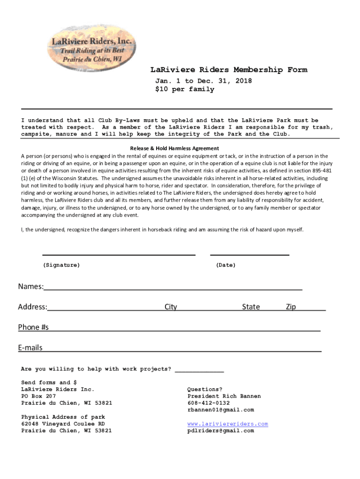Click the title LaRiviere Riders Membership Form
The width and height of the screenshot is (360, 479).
coord(229,70)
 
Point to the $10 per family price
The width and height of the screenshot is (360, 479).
coord(185,89)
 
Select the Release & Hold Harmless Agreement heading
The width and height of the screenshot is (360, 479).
coord(174,148)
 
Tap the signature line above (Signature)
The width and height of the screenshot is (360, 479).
coord(119,254)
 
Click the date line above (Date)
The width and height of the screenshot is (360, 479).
coord(250,254)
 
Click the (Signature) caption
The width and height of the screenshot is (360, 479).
coord(61,265)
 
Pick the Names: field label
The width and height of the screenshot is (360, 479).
coord(31,286)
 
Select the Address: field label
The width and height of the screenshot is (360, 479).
coord(32,307)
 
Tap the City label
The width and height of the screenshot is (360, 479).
coord(171,307)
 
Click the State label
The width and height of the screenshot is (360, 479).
coord(251,307)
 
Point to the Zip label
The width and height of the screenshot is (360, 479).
coord(291,307)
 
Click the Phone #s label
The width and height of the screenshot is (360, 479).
coord(33,327)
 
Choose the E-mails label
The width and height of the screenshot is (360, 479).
coord(30,348)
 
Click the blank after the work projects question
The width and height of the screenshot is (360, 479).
coord(199,370)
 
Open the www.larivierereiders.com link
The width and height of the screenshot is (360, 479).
coord(228,424)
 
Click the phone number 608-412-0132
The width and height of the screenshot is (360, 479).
coord(209,403)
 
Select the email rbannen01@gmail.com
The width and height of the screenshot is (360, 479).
coord(221,410)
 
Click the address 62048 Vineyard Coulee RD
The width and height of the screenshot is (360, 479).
coord(63,424)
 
